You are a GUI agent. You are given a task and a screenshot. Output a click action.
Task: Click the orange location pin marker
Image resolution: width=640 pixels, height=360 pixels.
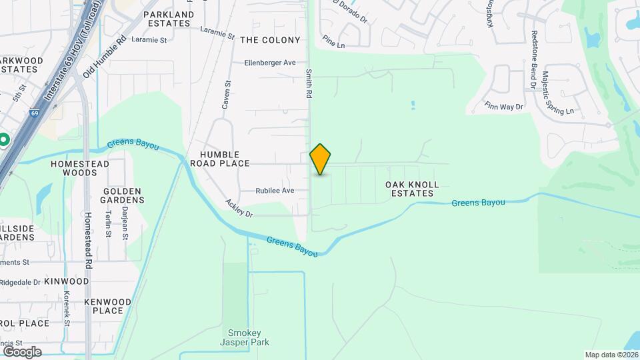321,159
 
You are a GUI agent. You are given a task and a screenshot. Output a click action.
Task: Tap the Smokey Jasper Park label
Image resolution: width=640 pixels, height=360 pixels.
249,337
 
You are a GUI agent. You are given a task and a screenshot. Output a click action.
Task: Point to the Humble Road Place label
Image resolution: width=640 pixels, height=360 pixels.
220,159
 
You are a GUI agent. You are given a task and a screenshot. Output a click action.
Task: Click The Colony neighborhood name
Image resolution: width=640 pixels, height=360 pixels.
270,40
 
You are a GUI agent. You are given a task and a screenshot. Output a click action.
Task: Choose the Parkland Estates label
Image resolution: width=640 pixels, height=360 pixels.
169,19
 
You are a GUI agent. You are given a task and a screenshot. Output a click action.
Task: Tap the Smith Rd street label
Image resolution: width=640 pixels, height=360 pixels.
309,84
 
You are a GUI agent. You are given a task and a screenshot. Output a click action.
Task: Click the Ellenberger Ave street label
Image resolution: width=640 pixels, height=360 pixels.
270,63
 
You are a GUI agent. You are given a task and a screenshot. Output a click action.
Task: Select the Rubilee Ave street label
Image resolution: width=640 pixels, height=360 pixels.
275,191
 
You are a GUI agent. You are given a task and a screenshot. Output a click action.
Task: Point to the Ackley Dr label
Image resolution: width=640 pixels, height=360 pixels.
239,209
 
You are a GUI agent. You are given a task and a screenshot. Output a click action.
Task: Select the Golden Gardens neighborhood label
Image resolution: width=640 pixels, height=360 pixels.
123,195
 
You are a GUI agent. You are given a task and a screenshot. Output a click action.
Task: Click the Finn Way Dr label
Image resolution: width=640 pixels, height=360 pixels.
504,106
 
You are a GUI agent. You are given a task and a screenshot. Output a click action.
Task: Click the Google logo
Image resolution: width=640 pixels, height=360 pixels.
21,351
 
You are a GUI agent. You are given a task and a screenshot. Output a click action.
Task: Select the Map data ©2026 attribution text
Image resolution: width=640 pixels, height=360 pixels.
611,355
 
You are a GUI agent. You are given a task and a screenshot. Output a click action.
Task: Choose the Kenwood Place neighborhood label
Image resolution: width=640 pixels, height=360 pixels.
108,306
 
